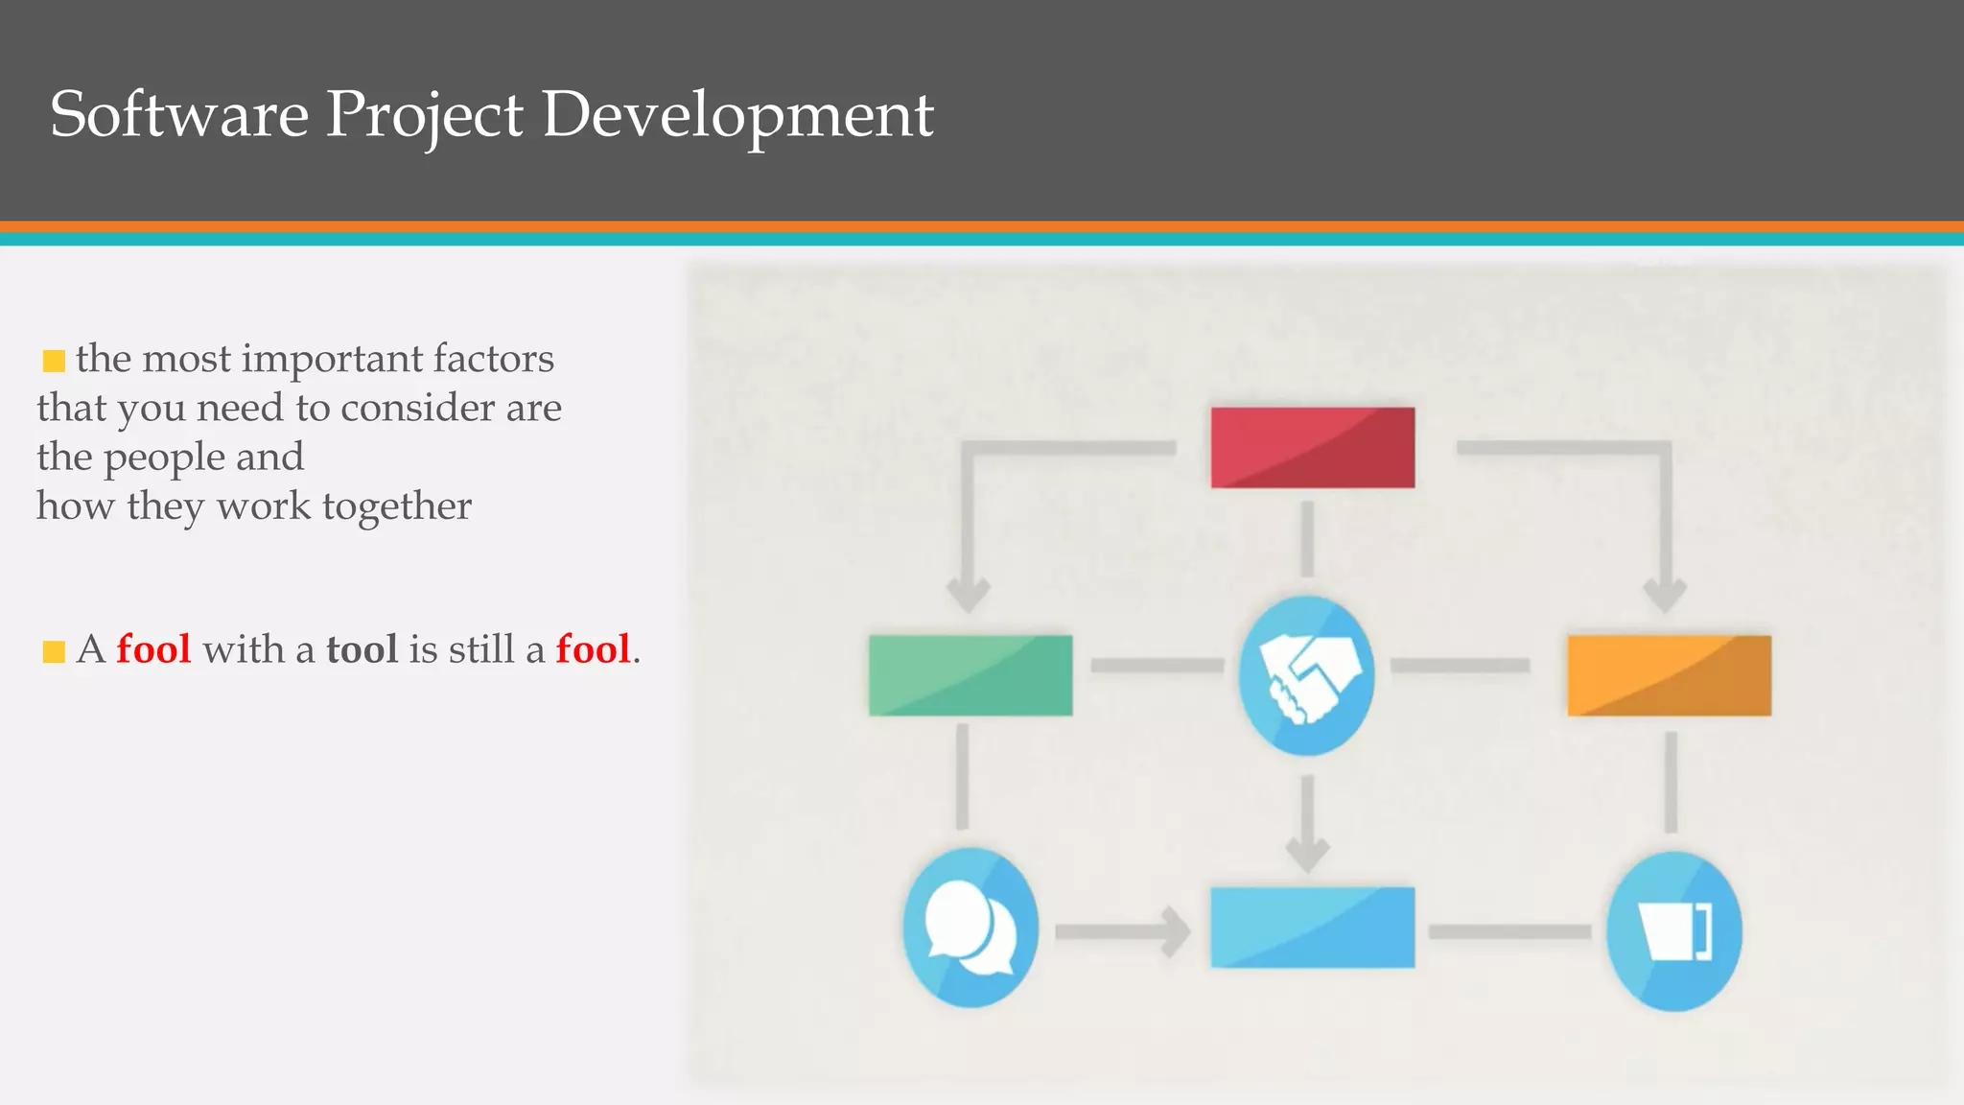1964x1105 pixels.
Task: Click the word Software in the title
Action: [x=178, y=114]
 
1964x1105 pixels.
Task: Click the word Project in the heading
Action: [x=424, y=114]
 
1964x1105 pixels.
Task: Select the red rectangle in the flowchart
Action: [x=1312, y=447]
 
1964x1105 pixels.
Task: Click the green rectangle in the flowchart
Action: [x=970, y=674]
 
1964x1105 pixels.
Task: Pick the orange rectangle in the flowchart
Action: [x=1669, y=674]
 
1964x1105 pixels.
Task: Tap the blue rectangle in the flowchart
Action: [x=1312, y=927]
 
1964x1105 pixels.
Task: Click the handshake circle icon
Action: [x=1306, y=674]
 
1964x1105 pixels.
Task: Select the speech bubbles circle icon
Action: [x=970, y=927]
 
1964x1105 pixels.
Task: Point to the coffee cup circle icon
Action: [x=1673, y=930]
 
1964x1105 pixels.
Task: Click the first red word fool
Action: [x=153, y=649]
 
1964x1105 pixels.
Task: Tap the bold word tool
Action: [x=362, y=649]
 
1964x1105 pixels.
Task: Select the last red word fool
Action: [x=593, y=649]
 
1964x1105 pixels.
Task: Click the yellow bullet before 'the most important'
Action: [x=54, y=361]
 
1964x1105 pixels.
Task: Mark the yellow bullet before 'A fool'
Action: [x=54, y=652]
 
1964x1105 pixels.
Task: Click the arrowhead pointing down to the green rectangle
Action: [x=968, y=595]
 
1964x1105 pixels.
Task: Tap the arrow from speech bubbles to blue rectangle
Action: [x=1122, y=930]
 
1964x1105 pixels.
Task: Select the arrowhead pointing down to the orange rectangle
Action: [x=1665, y=595]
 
